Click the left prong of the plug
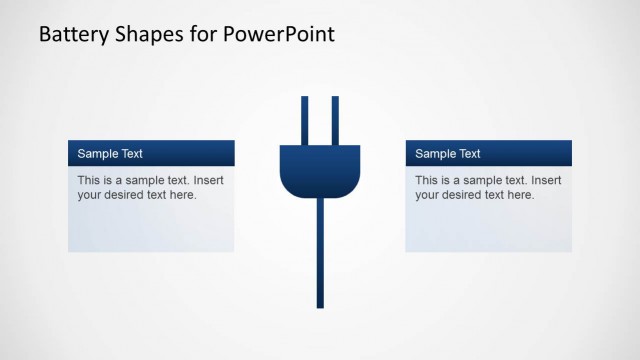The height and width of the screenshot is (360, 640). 304,120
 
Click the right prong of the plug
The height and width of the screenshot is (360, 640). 335,120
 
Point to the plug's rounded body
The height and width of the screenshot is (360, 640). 319,170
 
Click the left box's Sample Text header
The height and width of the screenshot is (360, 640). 110,154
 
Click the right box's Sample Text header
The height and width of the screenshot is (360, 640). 448,154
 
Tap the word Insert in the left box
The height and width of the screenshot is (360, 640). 209,180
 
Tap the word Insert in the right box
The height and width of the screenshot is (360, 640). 547,180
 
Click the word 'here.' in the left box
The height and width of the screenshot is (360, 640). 183,195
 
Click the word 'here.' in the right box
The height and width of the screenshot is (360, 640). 521,195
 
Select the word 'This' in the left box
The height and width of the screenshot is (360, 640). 89,180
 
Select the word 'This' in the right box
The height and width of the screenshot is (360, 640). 427,180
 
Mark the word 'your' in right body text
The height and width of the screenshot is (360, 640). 427,195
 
